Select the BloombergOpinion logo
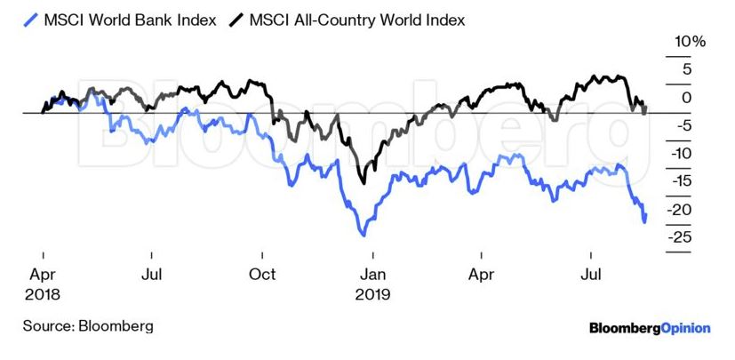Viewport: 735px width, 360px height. tap(650, 328)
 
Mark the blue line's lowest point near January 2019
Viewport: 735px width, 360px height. tap(363, 235)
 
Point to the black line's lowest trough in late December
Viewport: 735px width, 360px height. tap(363, 183)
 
